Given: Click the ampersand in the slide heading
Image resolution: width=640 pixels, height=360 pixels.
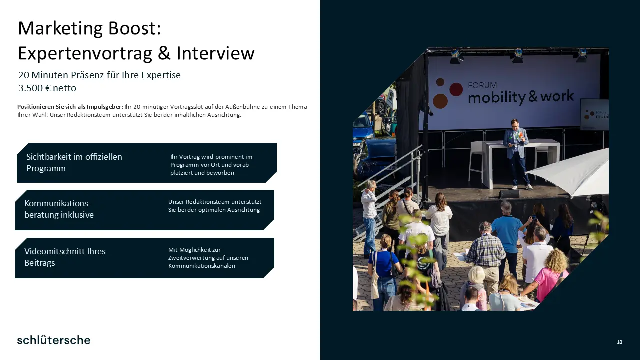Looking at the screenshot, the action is [x=164, y=53].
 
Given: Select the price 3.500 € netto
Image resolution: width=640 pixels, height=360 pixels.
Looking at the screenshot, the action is [x=47, y=88].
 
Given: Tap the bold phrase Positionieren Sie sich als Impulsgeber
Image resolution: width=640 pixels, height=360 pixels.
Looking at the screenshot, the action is [x=70, y=107].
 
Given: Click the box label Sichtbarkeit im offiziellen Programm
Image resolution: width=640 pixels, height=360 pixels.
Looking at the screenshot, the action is [x=74, y=162].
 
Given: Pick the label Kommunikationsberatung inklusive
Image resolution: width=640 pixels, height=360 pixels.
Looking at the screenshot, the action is [x=59, y=209].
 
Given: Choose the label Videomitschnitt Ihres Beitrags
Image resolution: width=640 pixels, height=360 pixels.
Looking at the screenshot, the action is [x=65, y=257].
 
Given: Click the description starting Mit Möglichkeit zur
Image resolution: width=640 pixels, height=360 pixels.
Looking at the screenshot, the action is [x=208, y=257].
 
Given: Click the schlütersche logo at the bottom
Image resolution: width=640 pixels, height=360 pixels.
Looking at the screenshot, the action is [x=54, y=340].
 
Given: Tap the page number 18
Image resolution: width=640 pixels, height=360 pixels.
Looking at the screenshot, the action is [x=619, y=342].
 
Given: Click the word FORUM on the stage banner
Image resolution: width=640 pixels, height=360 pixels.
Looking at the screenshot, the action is [x=482, y=85].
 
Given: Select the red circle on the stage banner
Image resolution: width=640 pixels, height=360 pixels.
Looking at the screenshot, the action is [x=456, y=89].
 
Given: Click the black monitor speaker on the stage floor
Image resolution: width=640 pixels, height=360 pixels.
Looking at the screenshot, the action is [x=509, y=194].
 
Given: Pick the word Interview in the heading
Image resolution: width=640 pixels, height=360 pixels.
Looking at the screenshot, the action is [x=215, y=53].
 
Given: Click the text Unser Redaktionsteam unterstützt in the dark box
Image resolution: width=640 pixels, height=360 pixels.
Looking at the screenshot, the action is [x=215, y=202].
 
